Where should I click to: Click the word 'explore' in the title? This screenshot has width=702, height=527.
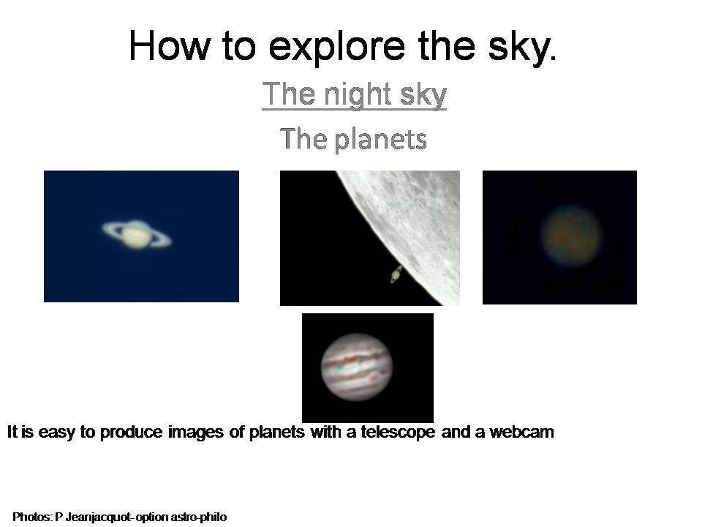coord(336,47)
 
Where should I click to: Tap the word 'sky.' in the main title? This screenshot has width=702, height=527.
coord(522,47)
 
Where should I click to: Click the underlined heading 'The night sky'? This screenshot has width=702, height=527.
coord(354,94)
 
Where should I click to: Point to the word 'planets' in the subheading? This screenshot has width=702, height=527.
coord(380,139)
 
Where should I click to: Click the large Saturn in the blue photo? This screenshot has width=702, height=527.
coord(137,234)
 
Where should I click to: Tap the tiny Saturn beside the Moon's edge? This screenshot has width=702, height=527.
coord(396,274)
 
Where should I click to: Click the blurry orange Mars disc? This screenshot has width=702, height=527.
coord(571,236)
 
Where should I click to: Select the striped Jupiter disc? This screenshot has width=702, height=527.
coord(357,367)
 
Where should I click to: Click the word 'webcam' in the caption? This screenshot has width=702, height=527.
coord(521,432)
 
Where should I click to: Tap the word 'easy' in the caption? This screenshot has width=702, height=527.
coord(56,433)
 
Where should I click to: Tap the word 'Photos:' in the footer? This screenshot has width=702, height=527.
coord(32,517)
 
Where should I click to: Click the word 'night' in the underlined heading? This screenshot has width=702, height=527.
coord(358,95)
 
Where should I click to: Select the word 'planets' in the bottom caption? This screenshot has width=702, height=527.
coord(276,433)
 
